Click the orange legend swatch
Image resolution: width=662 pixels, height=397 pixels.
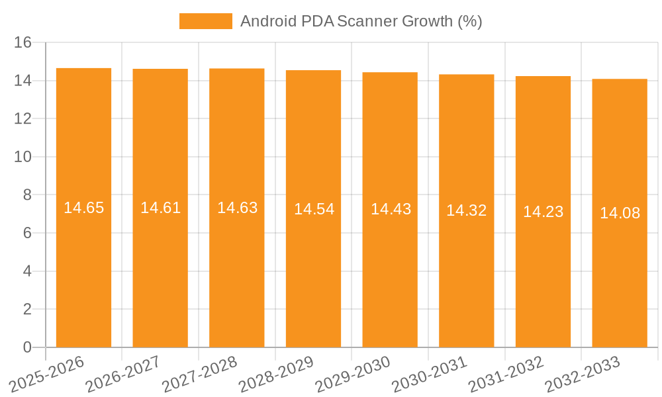(x=205, y=21)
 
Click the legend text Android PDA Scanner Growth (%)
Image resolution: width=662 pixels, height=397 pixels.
(x=361, y=21)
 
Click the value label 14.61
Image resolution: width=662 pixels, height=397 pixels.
(x=160, y=208)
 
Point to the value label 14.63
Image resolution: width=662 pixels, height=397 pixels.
(x=237, y=208)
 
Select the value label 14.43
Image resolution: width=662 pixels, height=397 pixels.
(x=391, y=209)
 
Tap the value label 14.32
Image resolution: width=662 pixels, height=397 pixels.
(x=466, y=210)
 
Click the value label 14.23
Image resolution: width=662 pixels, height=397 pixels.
(x=543, y=212)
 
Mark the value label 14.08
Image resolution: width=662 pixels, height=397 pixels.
(x=620, y=213)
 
